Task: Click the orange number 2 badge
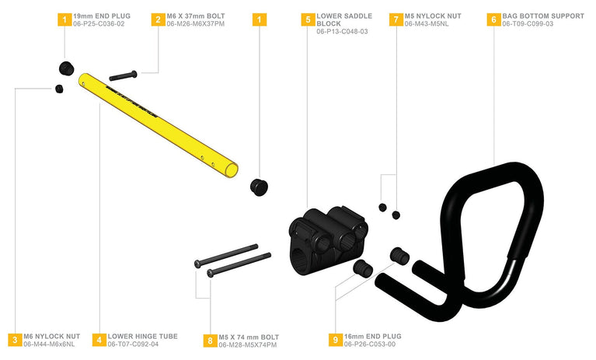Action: point(158,19)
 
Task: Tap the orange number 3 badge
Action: point(15,340)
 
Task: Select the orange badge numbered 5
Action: point(308,19)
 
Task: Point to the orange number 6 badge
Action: point(493,19)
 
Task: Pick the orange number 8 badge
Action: point(210,341)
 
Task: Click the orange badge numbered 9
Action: point(335,340)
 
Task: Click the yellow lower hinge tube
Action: point(158,125)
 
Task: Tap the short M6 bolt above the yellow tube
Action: point(123,75)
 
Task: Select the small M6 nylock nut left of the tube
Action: point(59,89)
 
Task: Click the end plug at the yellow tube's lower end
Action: point(259,187)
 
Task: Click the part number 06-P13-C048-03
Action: point(342,32)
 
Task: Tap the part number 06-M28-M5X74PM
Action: point(247,344)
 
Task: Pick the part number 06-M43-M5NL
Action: point(427,24)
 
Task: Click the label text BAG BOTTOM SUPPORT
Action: point(543,16)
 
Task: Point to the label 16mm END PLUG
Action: point(372,337)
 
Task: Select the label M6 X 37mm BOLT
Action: point(196,16)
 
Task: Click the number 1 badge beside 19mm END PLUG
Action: point(64,19)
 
